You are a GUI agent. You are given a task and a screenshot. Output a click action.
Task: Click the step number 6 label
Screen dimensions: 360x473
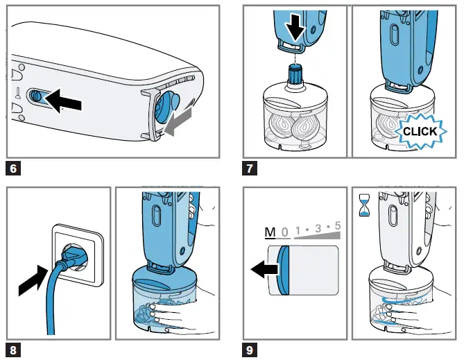(x=12, y=168)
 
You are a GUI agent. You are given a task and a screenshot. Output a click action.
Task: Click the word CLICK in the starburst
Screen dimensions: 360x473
(x=420, y=131)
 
